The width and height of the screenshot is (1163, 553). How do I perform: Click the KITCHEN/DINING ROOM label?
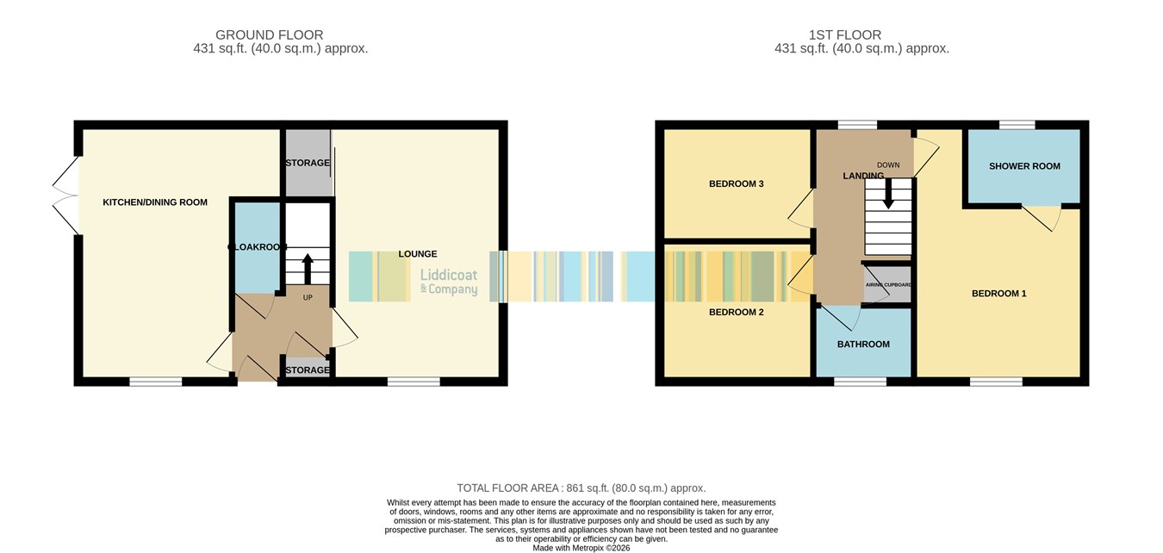(155, 202)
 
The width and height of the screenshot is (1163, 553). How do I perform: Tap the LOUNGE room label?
(418, 254)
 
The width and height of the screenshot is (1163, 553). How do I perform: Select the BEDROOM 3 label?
(737, 183)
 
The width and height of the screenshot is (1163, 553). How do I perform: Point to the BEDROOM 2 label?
(737, 312)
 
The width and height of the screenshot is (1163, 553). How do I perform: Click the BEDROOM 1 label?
(999, 294)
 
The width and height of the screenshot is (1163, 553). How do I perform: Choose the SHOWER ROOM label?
(1024, 166)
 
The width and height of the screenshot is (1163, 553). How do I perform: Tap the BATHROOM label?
(863, 345)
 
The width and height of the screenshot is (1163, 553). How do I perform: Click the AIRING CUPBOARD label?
(888, 285)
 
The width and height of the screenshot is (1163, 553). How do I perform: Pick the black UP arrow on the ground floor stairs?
(308, 269)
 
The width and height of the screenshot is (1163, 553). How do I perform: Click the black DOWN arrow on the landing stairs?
(888, 193)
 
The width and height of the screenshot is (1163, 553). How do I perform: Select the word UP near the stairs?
(308, 297)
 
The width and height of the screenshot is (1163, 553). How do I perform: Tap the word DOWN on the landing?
(888, 165)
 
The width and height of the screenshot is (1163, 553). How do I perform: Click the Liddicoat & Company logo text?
(449, 282)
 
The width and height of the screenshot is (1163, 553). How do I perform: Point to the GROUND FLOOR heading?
(269, 34)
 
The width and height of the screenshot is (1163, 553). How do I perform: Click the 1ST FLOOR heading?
(845, 34)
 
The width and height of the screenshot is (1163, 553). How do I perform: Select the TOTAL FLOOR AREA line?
(581, 488)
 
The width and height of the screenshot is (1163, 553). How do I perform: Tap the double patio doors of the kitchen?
(66, 196)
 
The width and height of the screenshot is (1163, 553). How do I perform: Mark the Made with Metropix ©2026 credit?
(581, 548)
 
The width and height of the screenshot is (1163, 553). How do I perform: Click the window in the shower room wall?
(1017, 125)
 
